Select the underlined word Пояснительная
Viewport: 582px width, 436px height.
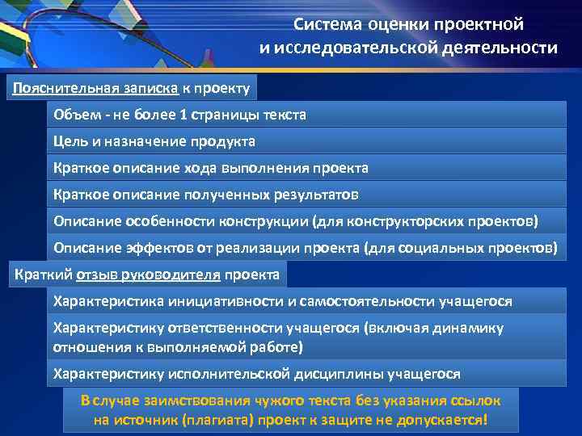coord(52,87)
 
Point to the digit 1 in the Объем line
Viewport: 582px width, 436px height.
coord(183,115)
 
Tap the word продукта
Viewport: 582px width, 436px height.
coord(222,141)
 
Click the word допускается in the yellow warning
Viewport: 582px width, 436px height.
coord(445,421)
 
